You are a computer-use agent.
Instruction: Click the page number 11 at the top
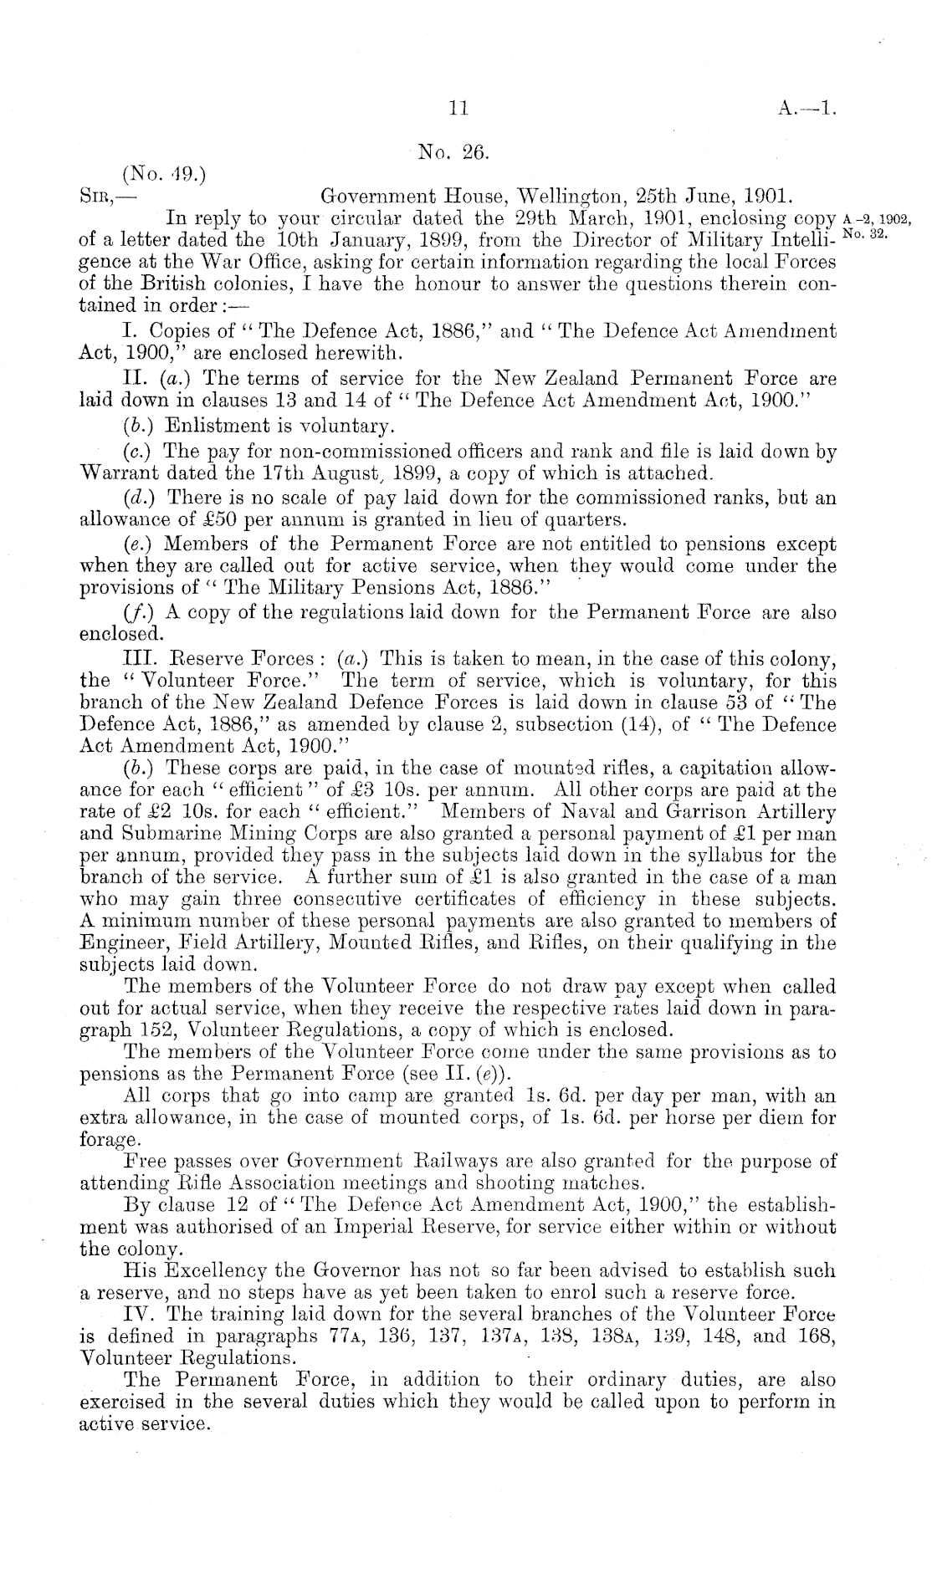[x=458, y=108]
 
